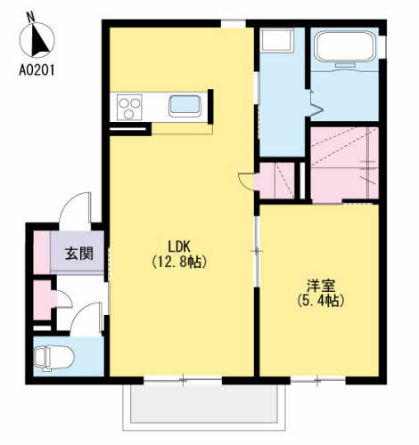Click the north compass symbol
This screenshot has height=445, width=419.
pos(37,39)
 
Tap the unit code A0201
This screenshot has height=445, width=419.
pos(37,70)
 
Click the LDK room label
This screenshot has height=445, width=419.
pos(179,247)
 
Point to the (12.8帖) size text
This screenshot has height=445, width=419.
pos(179,262)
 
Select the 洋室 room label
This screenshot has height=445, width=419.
pos(321,286)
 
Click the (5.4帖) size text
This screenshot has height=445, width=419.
pos(321,301)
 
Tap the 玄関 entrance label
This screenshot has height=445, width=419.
pos(79,254)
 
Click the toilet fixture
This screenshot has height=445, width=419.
pos(53,359)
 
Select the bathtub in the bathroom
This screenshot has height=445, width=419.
pos(345,46)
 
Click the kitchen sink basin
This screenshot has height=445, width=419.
pos(185,105)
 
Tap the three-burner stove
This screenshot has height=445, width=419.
pos(129,107)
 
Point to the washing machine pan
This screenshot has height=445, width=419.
pos(276,40)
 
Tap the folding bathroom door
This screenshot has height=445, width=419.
pos(315,104)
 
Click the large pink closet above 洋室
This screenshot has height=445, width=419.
pos(344,165)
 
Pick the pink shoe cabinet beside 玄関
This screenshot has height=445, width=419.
pos(42,253)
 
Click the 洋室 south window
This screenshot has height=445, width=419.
pos(318,380)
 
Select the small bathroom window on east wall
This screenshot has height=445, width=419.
pos(383,46)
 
